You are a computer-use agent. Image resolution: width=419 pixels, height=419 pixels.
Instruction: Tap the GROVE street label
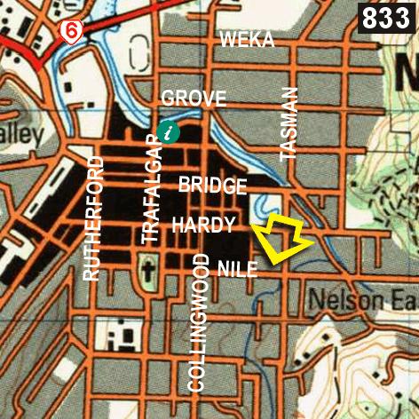194,99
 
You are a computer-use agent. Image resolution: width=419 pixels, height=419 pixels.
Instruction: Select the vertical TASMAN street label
289,123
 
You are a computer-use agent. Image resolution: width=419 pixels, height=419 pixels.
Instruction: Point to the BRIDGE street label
212,186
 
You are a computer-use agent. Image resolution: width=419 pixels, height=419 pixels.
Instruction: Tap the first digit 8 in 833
370,17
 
